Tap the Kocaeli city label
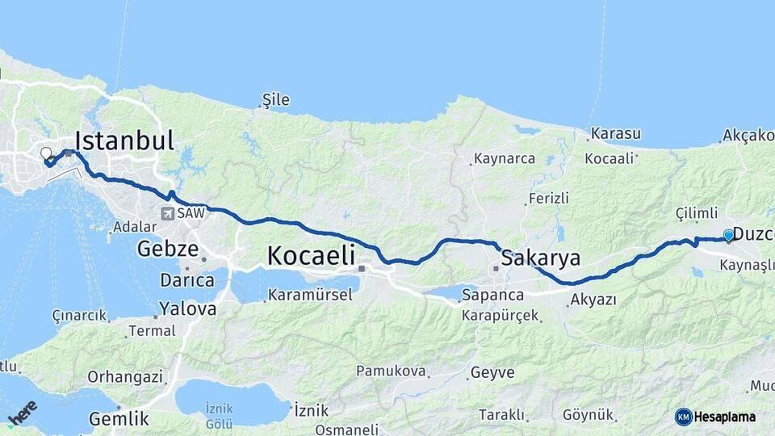pos(311,256)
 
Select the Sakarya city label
pos(540,258)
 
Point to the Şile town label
pos(275,100)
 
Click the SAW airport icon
pos(168,214)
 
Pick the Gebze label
pos(167,249)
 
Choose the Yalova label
pos(187,308)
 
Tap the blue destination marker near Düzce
pos(728,235)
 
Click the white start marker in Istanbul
pos(46,153)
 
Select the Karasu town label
pos(615,133)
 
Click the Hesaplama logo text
pos(724,417)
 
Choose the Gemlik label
pos(119,419)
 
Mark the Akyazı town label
pos(593,300)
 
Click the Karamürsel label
pos(310,295)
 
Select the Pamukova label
pos(391,371)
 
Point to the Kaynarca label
pos(505,158)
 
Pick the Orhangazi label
pos(125,376)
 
